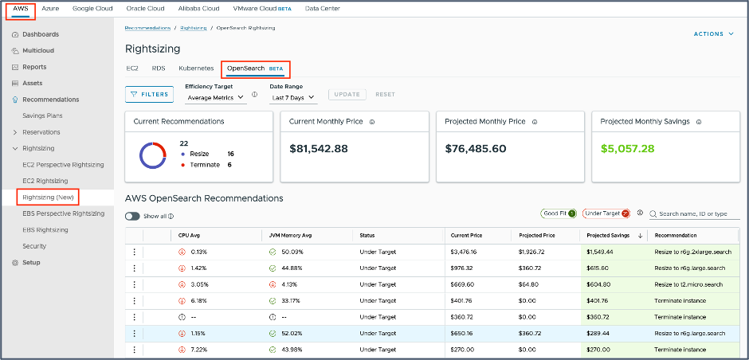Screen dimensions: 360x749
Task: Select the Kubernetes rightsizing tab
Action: click(x=196, y=68)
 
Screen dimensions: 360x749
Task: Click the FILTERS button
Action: click(x=149, y=94)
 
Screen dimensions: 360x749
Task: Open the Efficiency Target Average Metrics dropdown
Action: click(x=215, y=97)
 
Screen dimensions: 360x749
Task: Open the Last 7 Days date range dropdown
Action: click(x=293, y=97)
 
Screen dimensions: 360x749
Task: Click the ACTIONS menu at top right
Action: click(x=714, y=34)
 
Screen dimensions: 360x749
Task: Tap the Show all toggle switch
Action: click(x=133, y=216)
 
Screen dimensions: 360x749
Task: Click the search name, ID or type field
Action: click(x=693, y=213)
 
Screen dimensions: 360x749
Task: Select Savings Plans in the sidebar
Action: click(x=43, y=115)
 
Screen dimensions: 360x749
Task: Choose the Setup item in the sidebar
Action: click(x=31, y=263)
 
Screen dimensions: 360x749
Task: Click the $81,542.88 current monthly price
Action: click(x=319, y=148)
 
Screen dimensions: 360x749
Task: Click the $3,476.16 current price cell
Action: click(x=467, y=252)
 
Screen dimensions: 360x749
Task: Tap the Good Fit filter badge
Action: click(x=558, y=213)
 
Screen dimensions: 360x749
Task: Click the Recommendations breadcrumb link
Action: click(x=148, y=28)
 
